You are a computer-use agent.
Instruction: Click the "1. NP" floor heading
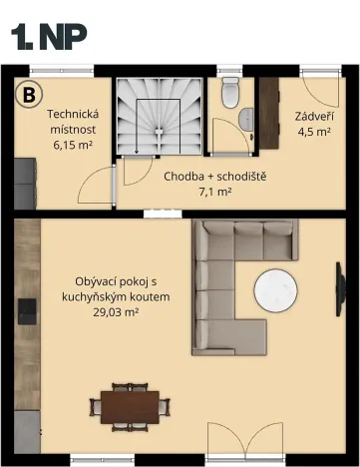[x=48, y=36]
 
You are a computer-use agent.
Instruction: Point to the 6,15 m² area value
[x=72, y=144]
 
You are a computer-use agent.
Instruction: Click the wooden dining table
[x=128, y=405]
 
